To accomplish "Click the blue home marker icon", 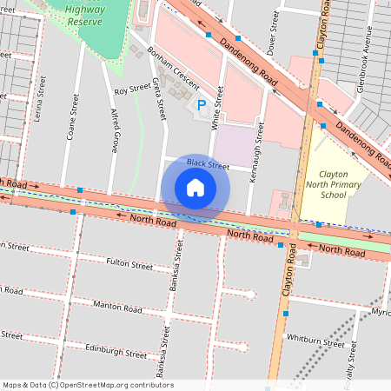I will [195, 188].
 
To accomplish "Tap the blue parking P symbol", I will [202, 105].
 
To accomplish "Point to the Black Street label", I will [207, 164].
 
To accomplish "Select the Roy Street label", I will [132, 89].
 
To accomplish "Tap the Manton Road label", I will [117, 308].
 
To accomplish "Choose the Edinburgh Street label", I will [117, 353].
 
